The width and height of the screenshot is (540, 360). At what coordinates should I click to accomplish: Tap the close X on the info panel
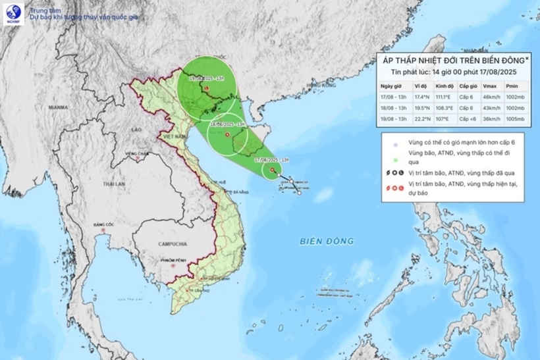[527, 59]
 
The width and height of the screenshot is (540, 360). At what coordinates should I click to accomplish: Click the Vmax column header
[489, 85]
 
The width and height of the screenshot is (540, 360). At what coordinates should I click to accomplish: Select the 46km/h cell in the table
[491, 96]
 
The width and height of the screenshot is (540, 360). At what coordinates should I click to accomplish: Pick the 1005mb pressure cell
[516, 118]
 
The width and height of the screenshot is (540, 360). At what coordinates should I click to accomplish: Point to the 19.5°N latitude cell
[422, 107]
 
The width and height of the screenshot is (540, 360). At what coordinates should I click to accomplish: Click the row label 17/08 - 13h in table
[394, 96]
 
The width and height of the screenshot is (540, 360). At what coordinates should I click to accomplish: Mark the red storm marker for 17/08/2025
[272, 170]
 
